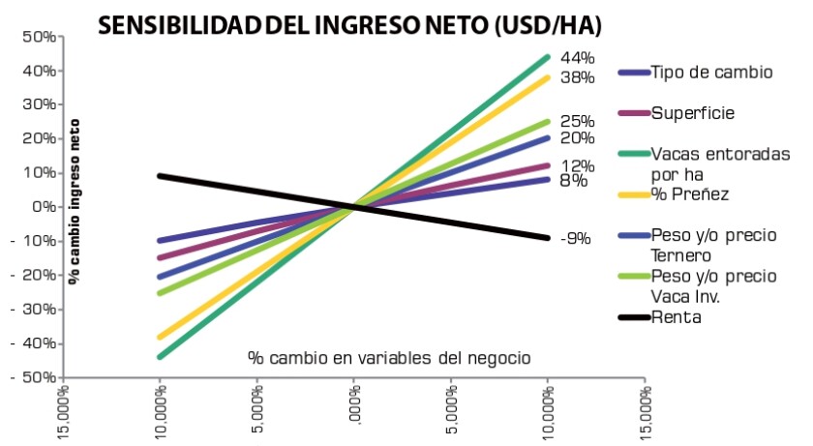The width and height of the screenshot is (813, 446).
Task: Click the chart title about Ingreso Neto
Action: [347, 22]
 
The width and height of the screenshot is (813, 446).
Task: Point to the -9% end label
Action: [574, 238]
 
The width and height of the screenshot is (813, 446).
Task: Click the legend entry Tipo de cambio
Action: [710, 73]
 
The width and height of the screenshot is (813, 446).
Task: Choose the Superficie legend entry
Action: [692, 113]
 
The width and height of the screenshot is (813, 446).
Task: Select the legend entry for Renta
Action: [676, 316]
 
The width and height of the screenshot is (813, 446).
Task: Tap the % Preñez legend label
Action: [689, 194]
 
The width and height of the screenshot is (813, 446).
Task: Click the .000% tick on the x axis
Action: [354, 412]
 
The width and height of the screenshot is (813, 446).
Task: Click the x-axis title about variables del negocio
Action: [389, 357]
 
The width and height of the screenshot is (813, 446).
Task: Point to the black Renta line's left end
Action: [160, 176]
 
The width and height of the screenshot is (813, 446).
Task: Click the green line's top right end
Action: [547, 57]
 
